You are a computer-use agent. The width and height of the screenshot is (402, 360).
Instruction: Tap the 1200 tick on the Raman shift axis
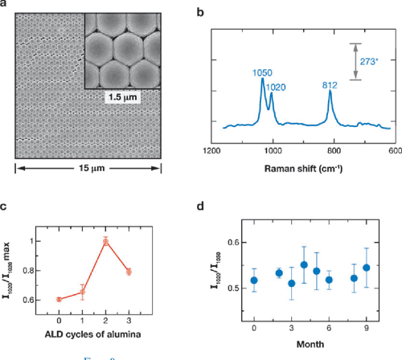pos(213,151)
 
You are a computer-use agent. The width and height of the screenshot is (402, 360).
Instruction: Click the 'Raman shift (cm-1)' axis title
pos(305,169)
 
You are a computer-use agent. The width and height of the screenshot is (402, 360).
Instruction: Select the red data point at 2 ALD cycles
pos(104,241)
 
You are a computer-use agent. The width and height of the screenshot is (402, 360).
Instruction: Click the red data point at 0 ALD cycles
pos(59,299)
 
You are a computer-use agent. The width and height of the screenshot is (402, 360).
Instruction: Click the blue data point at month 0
pos(254,280)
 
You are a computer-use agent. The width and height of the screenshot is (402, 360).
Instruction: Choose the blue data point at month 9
pos(367,268)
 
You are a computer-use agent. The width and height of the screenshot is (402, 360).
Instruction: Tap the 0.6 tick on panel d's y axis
pos(234,242)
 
